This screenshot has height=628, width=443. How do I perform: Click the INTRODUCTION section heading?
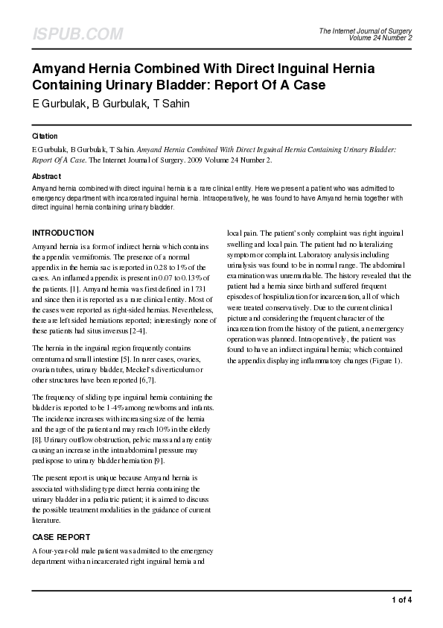[x=63, y=233]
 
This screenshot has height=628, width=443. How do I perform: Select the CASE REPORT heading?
[x=61, y=537]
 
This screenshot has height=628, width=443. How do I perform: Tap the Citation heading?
[x=45, y=137]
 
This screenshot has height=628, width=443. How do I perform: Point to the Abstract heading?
[x=46, y=176]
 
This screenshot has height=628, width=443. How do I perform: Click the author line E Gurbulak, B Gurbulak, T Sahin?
[x=110, y=104]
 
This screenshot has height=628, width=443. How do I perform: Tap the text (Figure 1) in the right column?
[x=384, y=361]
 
